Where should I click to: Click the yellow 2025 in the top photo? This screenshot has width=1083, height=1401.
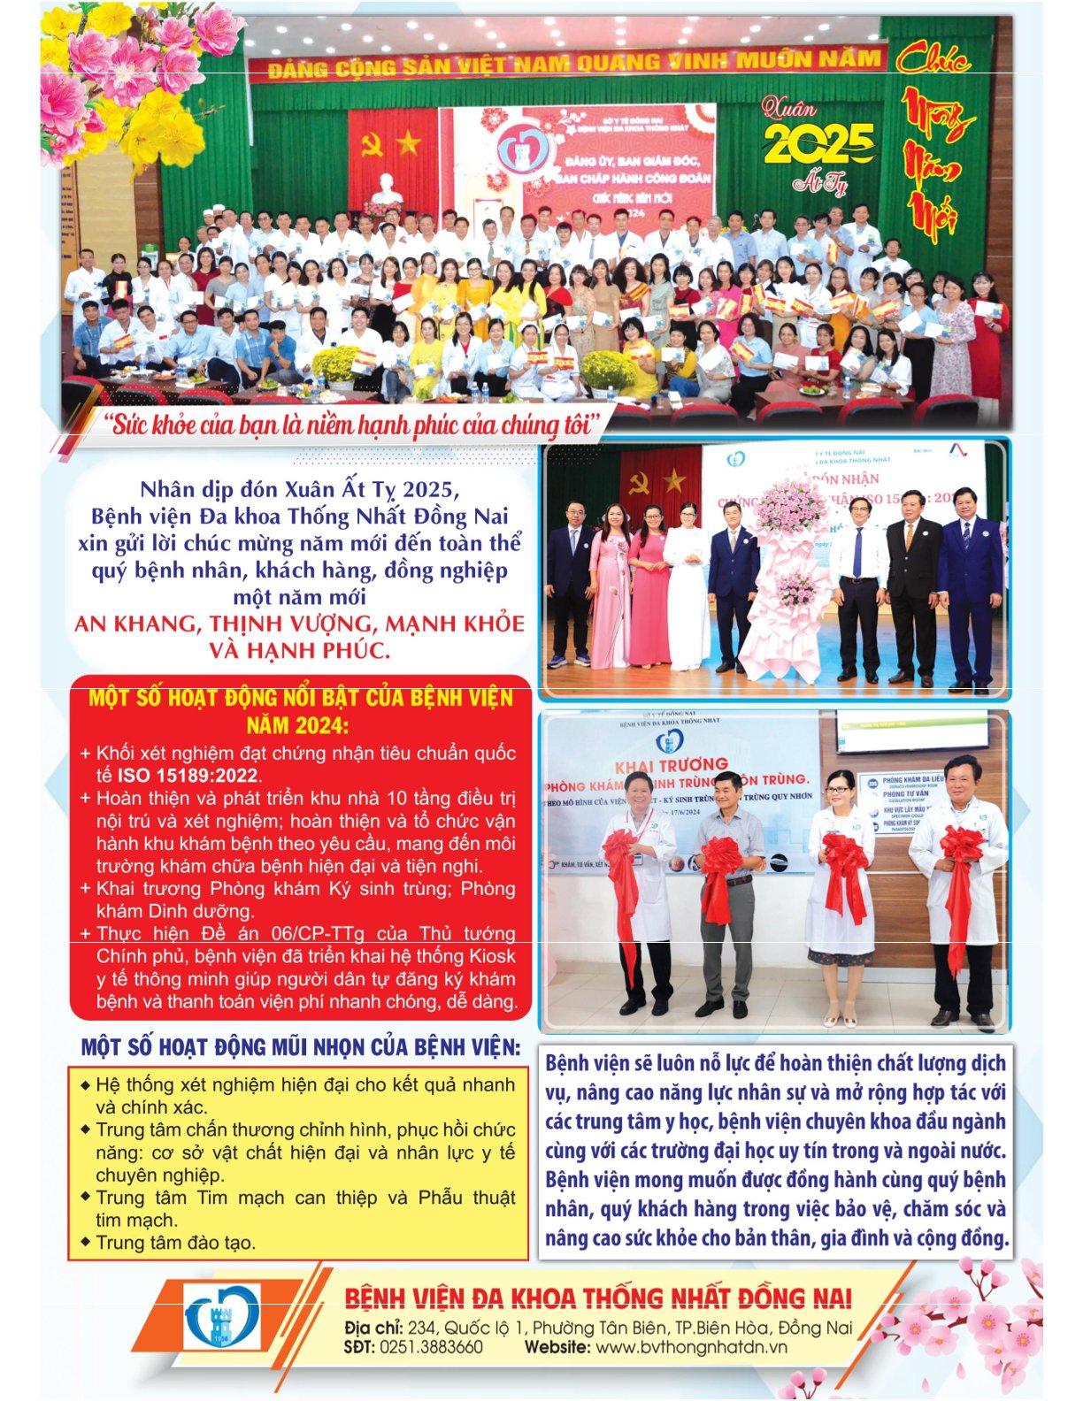coord(818,142)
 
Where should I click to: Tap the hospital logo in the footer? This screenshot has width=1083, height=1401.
coord(222,1317)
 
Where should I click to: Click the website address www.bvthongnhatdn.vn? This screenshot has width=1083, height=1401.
coord(691,1347)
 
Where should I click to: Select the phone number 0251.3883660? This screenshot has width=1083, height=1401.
coord(431,1347)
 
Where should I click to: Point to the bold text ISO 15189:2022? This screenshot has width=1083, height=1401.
coord(188,776)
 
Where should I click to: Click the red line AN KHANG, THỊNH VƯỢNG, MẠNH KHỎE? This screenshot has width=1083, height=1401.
coord(299,624)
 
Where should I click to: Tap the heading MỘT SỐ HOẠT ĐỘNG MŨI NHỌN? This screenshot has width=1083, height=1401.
coord(300,1047)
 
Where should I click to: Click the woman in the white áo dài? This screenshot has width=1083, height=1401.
coord(687,588)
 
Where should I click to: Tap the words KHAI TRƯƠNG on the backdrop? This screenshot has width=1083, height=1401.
coord(671,765)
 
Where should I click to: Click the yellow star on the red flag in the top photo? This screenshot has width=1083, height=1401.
coord(407,142)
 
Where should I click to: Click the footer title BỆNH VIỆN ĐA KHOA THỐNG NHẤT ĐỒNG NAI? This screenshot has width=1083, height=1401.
coord(597,1298)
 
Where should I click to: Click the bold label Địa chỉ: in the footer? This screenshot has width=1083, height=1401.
coord(373,1328)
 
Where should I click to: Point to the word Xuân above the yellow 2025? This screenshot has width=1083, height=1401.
coord(789,110)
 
